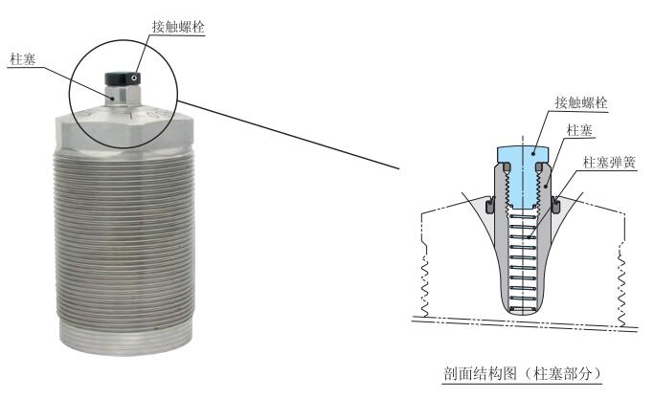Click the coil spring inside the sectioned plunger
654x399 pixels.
pyautogui.click(x=520, y=258)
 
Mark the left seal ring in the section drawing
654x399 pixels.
pyautogui.click(x=489, y=203)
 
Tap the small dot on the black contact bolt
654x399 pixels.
pyautogui.click(x=134, y=77)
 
